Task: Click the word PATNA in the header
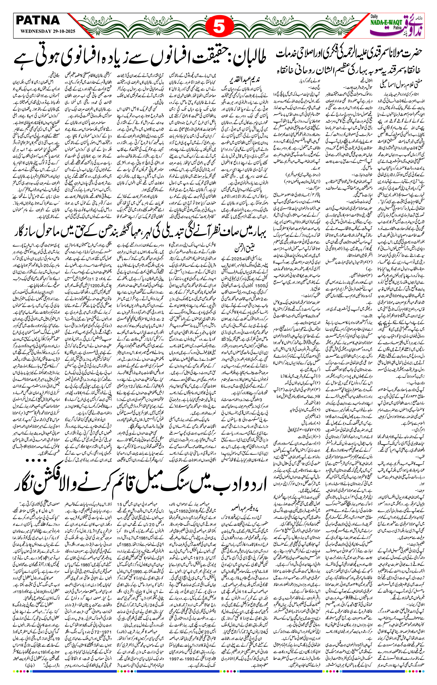[38, 20]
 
